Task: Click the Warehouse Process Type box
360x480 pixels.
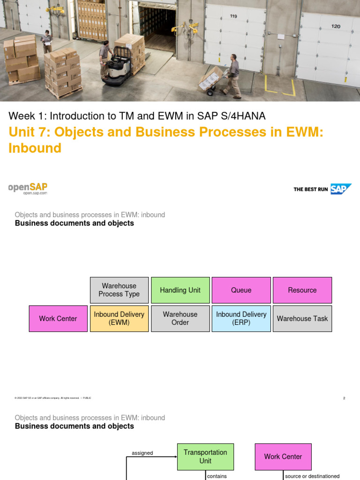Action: (119, 290)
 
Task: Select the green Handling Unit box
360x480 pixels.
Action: (180, 290)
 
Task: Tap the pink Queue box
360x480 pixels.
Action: (241, 290)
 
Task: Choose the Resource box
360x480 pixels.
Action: (302, 290)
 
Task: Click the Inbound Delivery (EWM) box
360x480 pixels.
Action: (119, 318)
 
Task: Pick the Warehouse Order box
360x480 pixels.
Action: (180, 318)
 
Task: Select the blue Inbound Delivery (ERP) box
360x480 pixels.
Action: (241, 318)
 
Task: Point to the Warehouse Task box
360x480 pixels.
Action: (302, 318)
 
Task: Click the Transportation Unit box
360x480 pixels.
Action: (205, 457)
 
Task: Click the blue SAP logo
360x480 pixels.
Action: (340, 189)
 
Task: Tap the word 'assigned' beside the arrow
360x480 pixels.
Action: (142, 453)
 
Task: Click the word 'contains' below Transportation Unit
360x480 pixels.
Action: (217, 476)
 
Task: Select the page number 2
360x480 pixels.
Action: (344, 398)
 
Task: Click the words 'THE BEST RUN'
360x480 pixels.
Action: (310, 189)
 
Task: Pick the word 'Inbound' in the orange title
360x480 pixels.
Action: (35, 148)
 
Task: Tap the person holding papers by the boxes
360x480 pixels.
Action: (46, 41)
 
